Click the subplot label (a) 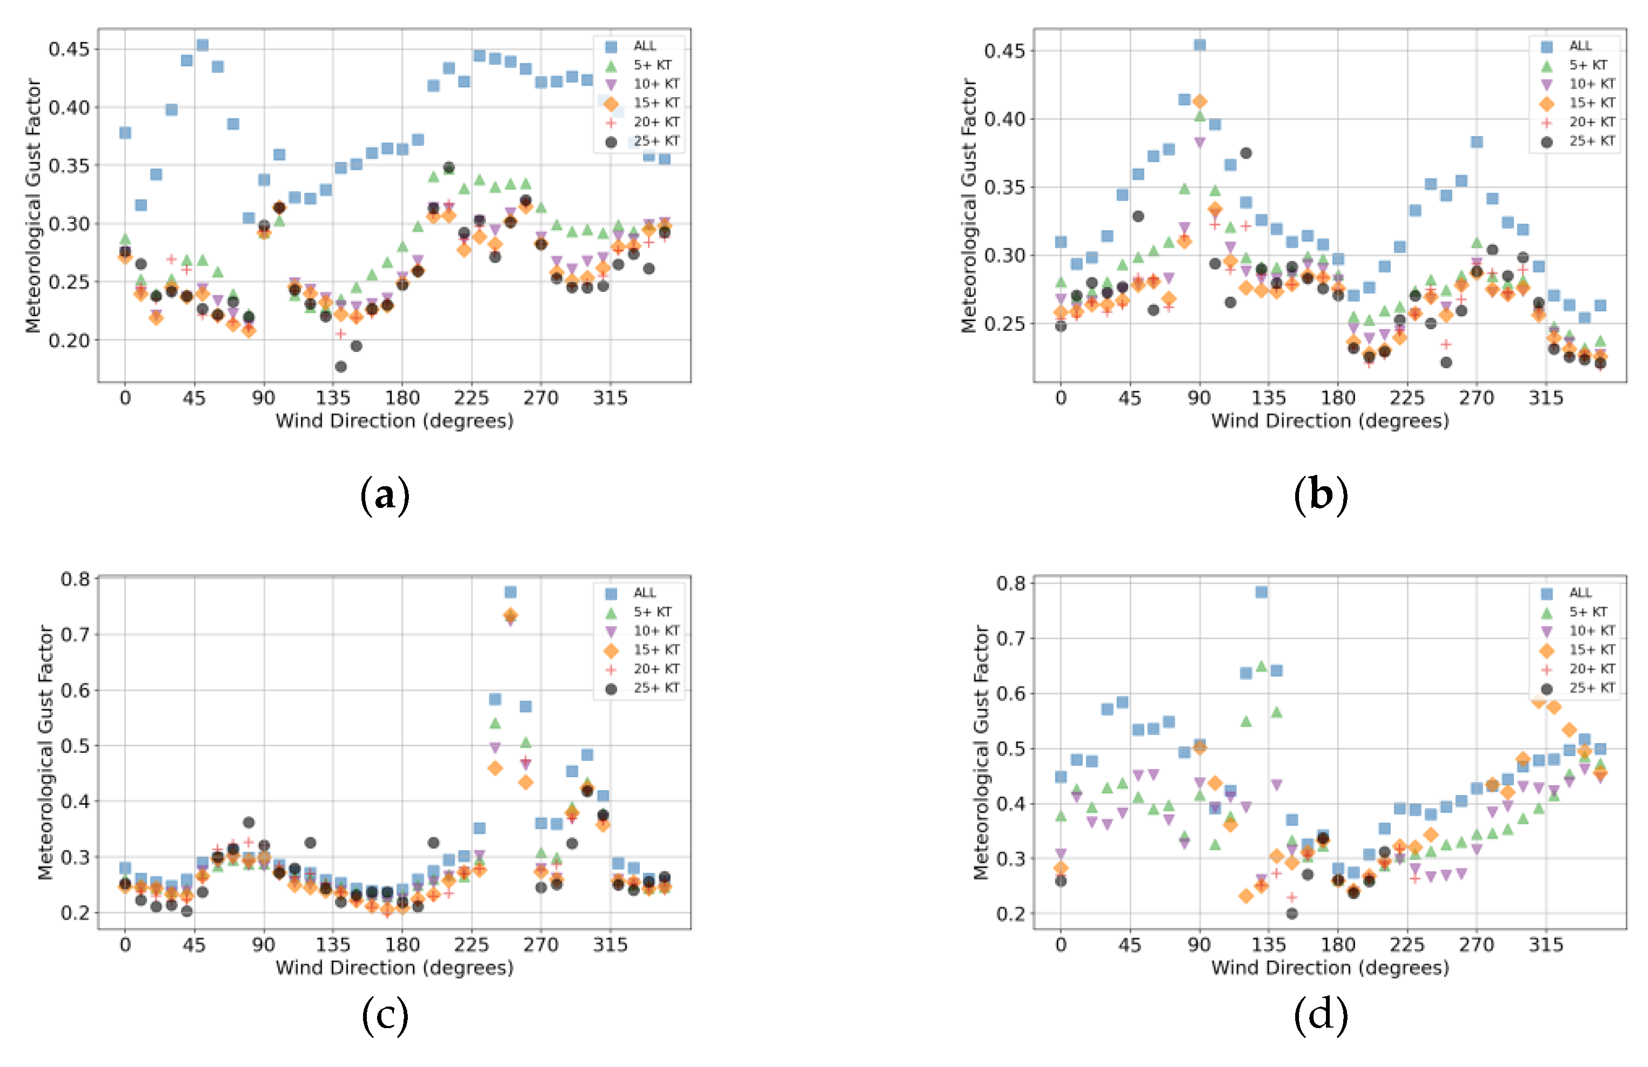[385, 495]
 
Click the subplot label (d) [1321, 1015]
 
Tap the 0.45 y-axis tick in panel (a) [69, 49]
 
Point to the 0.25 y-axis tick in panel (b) [1005, 324]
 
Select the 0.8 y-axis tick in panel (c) [76, 579]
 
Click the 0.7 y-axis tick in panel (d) [1011, 638]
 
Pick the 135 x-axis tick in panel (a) [333, 398]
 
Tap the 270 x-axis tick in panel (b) [1476, 398]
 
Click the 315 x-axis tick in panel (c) [610, 945]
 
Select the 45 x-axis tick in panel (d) [1130, 945]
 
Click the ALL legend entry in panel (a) [644, 46]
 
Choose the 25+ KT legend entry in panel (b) [1592, 141]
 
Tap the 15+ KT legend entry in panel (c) [656, 650]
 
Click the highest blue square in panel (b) [1200, 45]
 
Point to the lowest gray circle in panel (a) [341, 366]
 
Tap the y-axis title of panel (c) [46, 753]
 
